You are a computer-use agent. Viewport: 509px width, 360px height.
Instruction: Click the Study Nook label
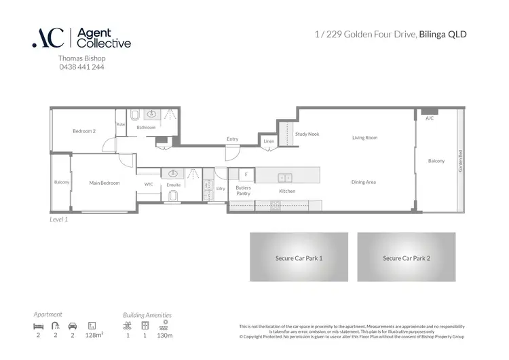(x=307, y=134)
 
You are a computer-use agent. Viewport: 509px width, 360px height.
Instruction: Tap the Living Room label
(x=364, y=138)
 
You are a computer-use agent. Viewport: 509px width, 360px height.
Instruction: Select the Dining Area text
(x=364, y=182)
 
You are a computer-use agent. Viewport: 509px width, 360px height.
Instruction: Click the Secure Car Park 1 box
(x=299, y=257)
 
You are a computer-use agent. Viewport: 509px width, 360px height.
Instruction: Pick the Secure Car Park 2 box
(x=406, y=257)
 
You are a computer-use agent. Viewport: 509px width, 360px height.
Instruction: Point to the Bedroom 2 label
(x=84, y=130)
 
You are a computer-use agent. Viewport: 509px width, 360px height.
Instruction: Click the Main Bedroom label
(x=105, y=183)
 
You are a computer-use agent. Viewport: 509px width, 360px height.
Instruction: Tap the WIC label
(x=149, y=183)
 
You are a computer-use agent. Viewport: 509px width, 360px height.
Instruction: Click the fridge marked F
(x=246, y=174)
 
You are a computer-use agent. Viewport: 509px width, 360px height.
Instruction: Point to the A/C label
(x=429, y=119)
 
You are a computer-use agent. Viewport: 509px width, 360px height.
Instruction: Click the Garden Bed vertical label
(x=460, y=160)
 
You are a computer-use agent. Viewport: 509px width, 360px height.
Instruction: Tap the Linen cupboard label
(x=269, y=141)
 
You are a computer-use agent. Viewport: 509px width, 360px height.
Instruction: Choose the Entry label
(x=232, y=139)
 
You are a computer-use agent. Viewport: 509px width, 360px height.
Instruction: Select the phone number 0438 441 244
(x=82, y=67)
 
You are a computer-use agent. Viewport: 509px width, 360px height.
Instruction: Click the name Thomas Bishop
(x=82, y=59)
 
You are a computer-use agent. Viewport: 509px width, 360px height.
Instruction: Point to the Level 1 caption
(x=59, y=219)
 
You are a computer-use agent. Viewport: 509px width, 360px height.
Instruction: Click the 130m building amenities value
(x=165, y=336)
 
